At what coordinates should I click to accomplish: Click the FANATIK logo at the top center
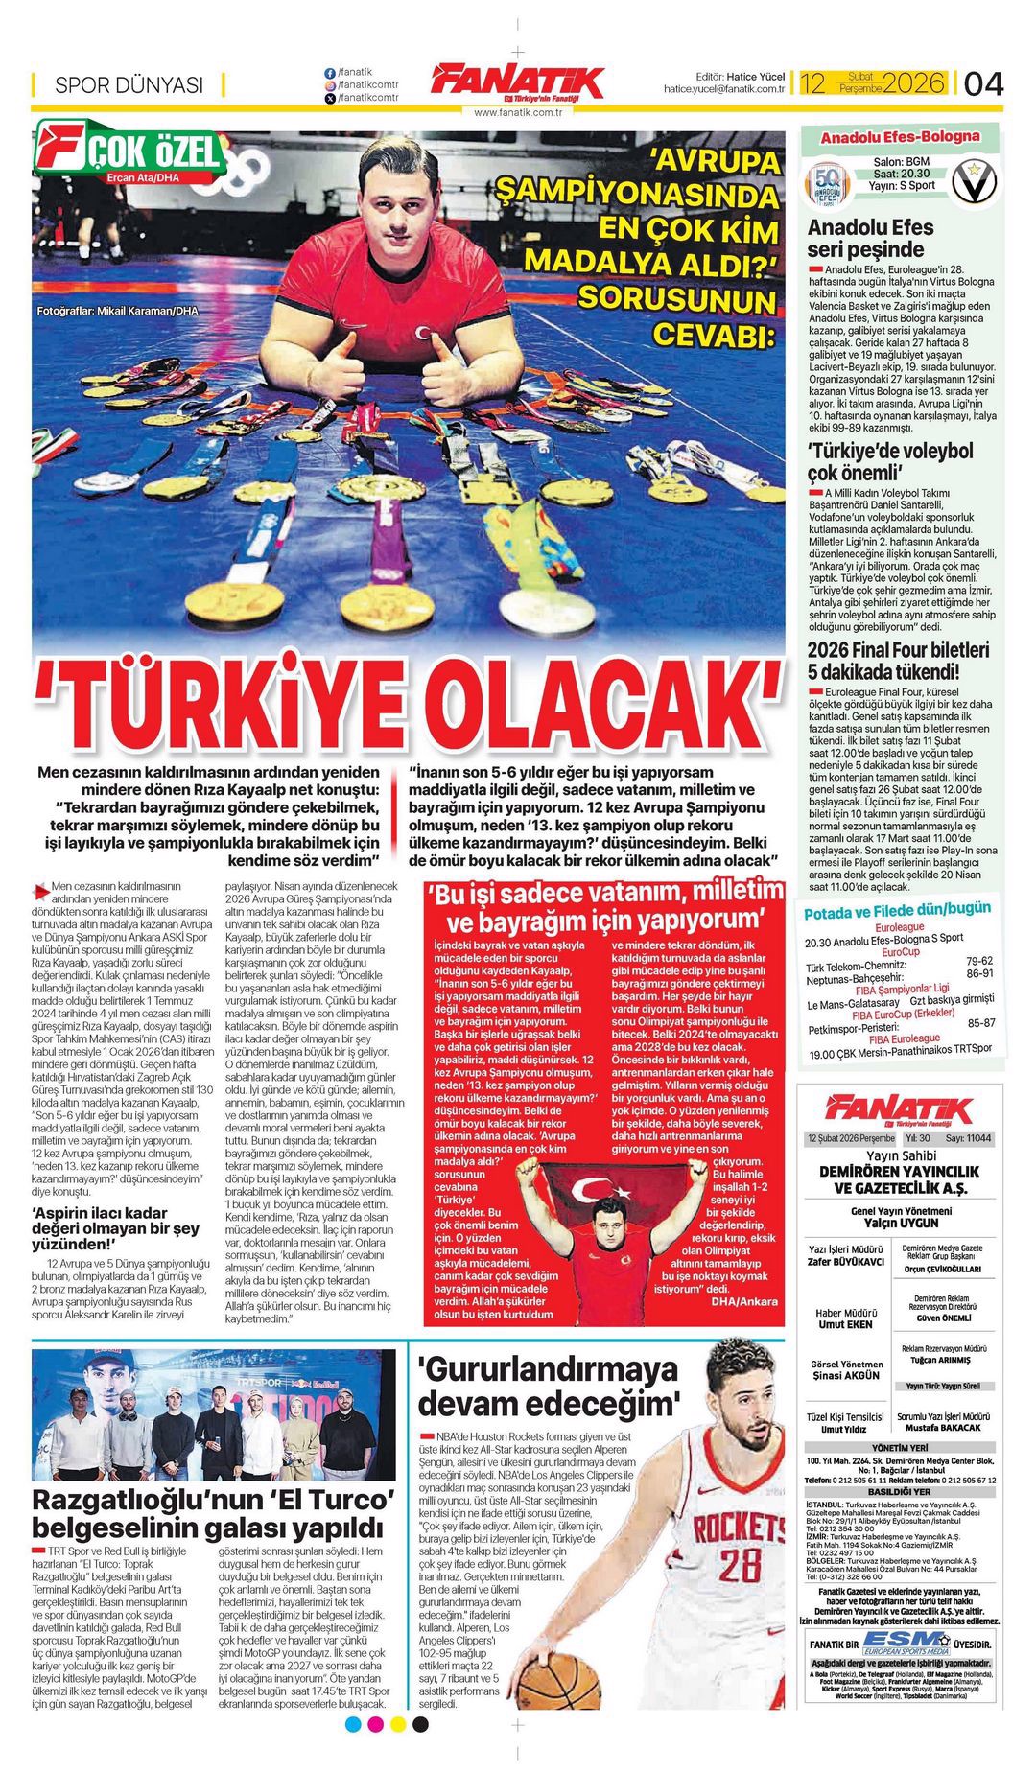[x=517, y=82]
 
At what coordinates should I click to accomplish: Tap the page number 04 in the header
[x=983, y=83]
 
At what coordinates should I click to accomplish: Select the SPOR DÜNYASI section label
[x=129, y=84]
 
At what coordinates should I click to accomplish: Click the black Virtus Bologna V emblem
[x=974, y=182]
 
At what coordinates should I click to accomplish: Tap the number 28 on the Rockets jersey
[x=740, y=1564]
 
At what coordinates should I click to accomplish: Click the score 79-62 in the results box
[x=979, y=960]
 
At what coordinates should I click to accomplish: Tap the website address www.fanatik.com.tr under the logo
[x=517, y=112]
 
